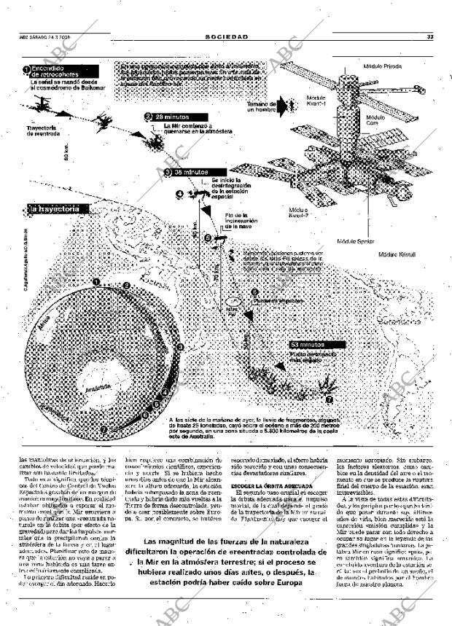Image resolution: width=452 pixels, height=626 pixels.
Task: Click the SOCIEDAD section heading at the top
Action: tap(226, 36)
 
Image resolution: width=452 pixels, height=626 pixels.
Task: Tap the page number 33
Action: tap(431, 36)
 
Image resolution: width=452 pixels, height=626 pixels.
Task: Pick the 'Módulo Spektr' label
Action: tap(356, 240)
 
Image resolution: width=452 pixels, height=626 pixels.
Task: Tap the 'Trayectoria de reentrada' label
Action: tap(42, 130)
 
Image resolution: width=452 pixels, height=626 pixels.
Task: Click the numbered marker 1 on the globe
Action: tap(96, 281)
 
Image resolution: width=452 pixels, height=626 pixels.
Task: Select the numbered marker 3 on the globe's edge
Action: tap(180, 347)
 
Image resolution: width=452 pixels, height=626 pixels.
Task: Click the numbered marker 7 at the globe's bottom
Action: tap(103, 429)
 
